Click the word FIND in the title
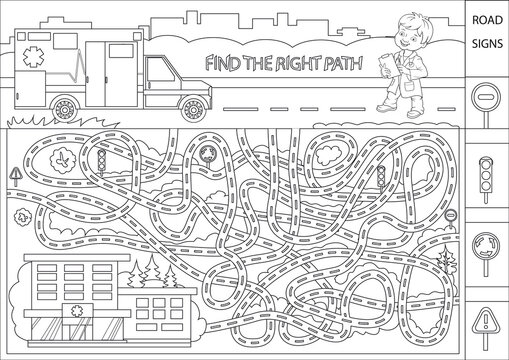tap(220, 62)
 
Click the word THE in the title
tap(255, 62)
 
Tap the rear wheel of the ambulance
tap(61, 103)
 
